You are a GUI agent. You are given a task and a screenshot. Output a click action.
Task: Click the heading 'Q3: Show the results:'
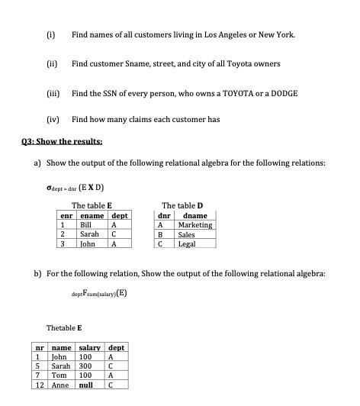click(x=59, y=142)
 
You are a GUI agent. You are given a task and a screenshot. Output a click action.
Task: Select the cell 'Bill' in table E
click(x=86, y=225)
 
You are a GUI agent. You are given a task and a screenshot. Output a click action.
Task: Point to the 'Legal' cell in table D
click(x=186, y=244)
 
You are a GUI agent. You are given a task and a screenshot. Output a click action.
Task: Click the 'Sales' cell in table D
click(x=186, y=235)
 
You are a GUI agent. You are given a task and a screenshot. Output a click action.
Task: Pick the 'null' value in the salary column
click(x=86, y=385)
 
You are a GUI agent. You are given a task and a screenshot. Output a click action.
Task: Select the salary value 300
click(x=85, y=366)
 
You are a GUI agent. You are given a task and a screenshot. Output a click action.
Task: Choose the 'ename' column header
click(x=91, y=216)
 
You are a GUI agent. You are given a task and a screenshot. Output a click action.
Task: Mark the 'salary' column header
click(x=90, y=348)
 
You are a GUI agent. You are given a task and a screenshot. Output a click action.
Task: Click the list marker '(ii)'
click(x=52, y=63)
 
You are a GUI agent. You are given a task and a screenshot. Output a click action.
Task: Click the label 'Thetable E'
click(x=65, y=327)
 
